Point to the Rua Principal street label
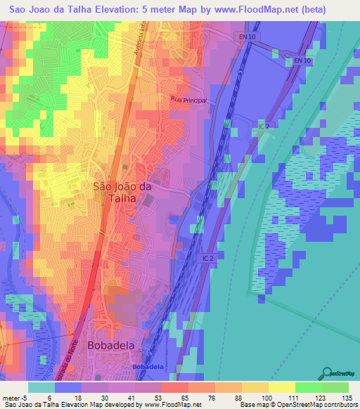pyautogui.click(x=188, y=100)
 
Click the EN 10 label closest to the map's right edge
pyautogui.click(x=302, y=62)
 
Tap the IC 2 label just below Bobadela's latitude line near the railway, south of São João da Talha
pyautogui.click(x=204, y=259)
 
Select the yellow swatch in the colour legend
pyautogui.click(x=281, y=387)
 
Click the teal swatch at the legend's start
pyautogui.click(x=41, y=387)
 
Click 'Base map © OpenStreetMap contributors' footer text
pyautogui.click(x=298, y=405)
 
